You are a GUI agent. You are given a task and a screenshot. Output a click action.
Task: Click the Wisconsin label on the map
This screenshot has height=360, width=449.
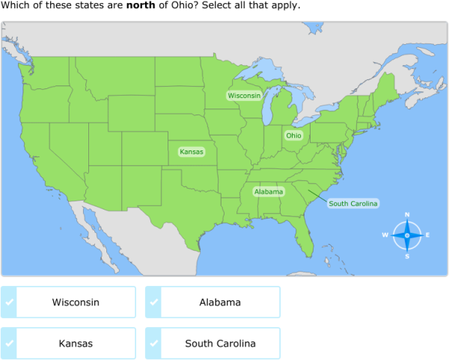click(244, 96)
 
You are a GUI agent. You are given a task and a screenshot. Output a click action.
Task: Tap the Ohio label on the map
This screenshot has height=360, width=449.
click(293, 135)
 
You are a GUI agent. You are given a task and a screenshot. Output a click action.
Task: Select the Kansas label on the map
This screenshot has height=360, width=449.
click(192, 151)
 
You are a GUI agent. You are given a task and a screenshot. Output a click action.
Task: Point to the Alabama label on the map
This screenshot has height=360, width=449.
click(269, 192)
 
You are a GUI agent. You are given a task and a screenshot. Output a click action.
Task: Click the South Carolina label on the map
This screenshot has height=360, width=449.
click(353, 204)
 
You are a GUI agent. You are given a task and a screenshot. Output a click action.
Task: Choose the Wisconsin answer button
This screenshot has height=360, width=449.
click(76, 302)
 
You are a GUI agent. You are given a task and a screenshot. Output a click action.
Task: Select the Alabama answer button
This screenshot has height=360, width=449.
click(220, 302)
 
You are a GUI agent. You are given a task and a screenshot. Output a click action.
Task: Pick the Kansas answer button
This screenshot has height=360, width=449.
click(76, 344)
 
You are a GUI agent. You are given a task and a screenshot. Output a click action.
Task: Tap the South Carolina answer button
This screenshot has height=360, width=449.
click(220, 344)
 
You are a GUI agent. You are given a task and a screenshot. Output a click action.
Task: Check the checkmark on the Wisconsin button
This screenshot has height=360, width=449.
click(9, 302)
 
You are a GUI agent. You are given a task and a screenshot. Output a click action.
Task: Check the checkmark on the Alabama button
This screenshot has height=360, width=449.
click(153, 302)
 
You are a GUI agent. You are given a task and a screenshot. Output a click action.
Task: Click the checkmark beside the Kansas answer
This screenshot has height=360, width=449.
click(9, 344)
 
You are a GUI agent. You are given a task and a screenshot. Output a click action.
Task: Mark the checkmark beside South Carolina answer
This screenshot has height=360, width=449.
click(153, 344)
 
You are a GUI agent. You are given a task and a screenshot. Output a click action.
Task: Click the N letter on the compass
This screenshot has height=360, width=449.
click(407, 215)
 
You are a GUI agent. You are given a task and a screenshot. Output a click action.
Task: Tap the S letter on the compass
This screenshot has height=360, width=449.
click(407, 256)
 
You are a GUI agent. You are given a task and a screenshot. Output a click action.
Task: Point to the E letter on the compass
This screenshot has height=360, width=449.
click(427, 235)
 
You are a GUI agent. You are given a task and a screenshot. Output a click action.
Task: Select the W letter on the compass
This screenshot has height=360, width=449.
click(385, 235)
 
